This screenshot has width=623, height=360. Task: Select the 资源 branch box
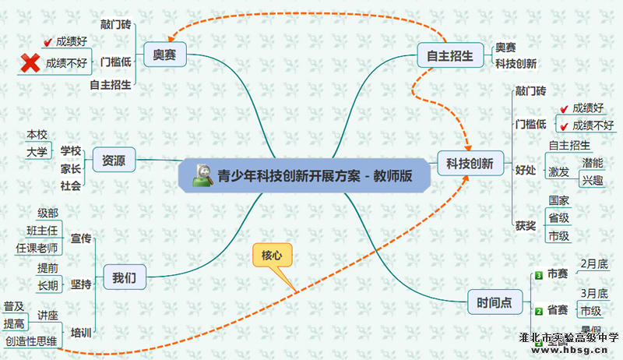click(114, 161)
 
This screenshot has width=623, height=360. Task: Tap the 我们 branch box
click(125, 277)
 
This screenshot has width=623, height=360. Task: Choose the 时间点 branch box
click(495, 302)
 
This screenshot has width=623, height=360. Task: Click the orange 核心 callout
click(273, 255)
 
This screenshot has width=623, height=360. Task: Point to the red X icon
click(30, 63)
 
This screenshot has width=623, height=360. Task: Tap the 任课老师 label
click(37, 248)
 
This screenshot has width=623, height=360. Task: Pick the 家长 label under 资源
click(71, 168)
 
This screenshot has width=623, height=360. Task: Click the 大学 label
click(37, 151)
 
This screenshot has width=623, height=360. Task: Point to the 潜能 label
click(592, 163)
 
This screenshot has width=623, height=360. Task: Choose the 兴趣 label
click(592, 181)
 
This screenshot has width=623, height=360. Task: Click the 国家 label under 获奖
click(558, 201)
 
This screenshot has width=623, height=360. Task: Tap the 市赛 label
click(557, 274)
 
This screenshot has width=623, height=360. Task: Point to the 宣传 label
click(81, 237)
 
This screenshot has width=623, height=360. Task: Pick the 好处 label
click(526, 170)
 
